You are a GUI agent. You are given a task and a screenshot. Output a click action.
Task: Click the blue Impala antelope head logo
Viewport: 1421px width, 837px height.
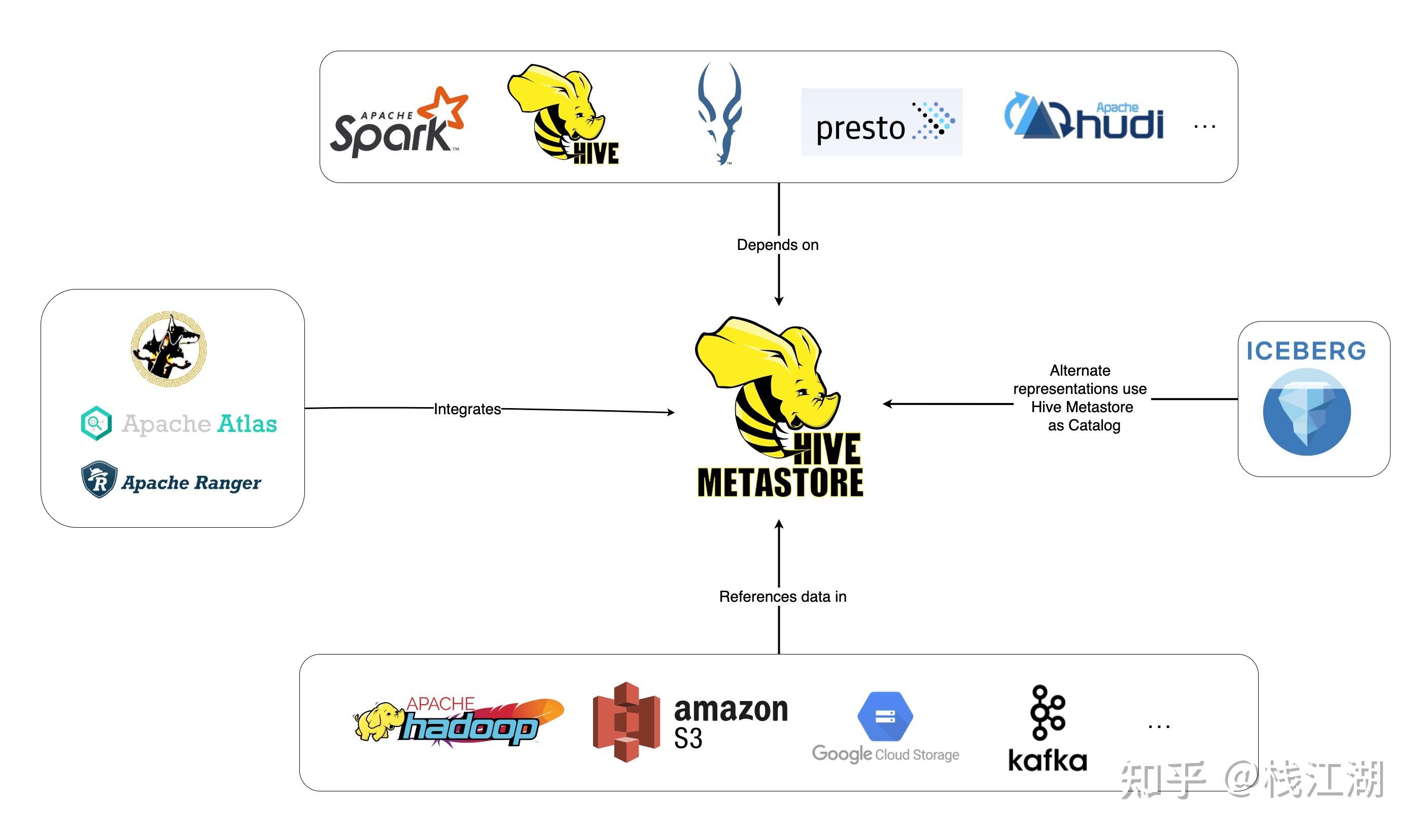coord(719,113)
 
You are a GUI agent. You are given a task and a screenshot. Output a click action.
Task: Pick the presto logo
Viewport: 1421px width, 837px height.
coord(882,122)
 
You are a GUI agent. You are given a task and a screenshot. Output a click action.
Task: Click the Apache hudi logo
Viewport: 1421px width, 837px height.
coord(1084,117)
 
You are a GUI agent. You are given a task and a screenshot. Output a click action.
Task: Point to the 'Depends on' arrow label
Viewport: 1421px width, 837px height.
coord(778,245)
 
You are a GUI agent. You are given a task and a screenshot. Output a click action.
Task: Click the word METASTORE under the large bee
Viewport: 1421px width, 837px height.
coord(780,482)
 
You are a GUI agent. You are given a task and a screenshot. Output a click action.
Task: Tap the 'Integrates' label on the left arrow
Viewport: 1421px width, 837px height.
coord(467,409)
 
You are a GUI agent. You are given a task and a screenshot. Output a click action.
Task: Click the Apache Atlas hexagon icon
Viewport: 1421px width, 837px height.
coord(96,423)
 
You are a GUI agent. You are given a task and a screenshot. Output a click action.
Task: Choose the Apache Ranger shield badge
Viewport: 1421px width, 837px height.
coord(99,480)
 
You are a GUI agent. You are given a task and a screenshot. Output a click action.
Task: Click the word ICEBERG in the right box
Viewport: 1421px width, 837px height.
coord(1306,351)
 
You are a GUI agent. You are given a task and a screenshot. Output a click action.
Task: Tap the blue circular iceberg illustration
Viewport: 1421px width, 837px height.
coord(1306,412)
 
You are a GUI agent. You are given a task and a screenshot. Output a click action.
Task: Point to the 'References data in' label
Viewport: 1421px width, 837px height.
coord(782,597)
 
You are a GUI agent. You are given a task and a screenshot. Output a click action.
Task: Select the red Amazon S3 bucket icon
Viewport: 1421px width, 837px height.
coord(626,722)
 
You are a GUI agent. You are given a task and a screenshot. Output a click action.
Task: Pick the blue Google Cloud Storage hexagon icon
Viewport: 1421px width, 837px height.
coord(885,716)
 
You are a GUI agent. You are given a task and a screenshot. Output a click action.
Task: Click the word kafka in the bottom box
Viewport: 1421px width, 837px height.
coord(1048,761)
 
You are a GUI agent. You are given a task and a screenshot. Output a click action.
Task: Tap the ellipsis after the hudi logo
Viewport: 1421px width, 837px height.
coord(1204,126)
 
